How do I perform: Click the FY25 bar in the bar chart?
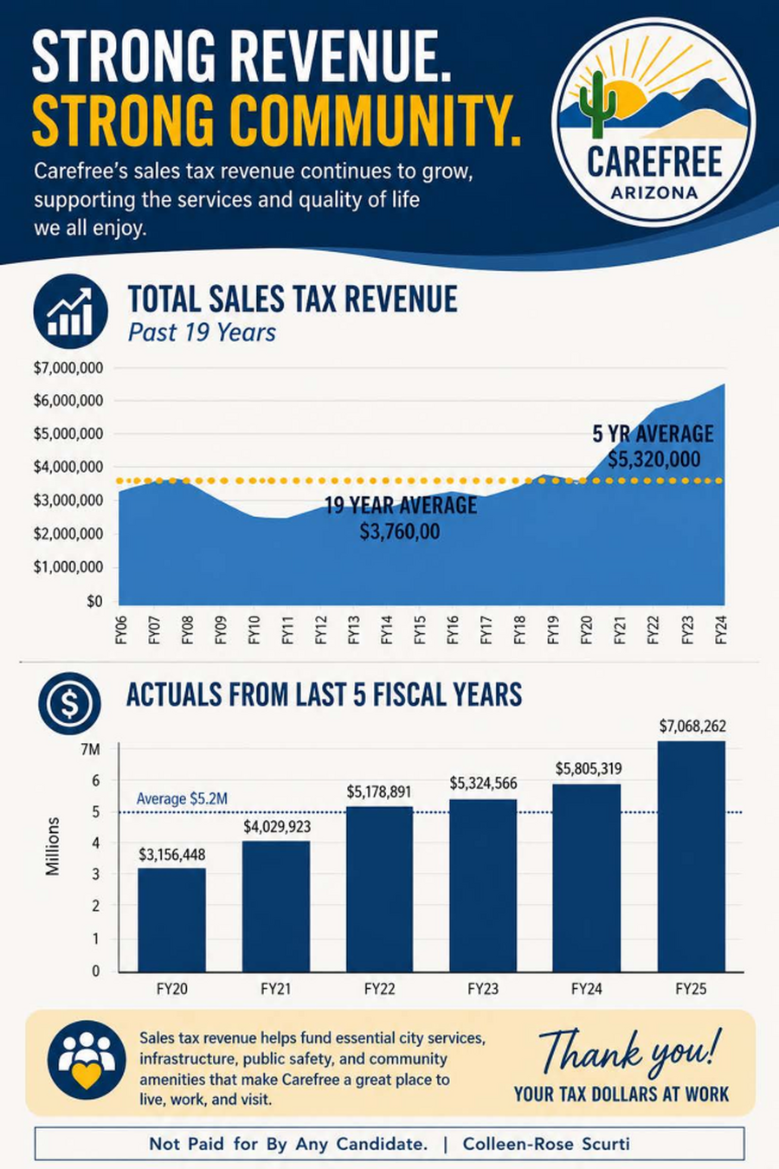(692, 856)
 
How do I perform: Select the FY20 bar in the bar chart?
(171, 920)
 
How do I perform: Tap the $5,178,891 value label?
(379, 791)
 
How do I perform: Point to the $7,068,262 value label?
(692, 726)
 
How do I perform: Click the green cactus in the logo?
(597, 105)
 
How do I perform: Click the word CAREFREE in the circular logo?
(655, 161)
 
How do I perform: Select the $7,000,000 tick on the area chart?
(68, 368)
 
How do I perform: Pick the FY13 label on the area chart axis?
(354, 630)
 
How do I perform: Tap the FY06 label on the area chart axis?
(121, 630)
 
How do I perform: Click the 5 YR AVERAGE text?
(653, 434)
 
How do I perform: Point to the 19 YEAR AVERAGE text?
(401, 505)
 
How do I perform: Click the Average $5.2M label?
(182, 799)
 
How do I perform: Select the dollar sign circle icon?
(70, 703)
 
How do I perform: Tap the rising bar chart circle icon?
(70, 311)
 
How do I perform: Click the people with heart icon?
(87, 1061)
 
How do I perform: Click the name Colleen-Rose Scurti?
(546, 1144)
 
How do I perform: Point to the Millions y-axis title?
(53, 847)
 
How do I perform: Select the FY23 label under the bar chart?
(483, 989)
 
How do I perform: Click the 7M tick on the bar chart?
(90, 750)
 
